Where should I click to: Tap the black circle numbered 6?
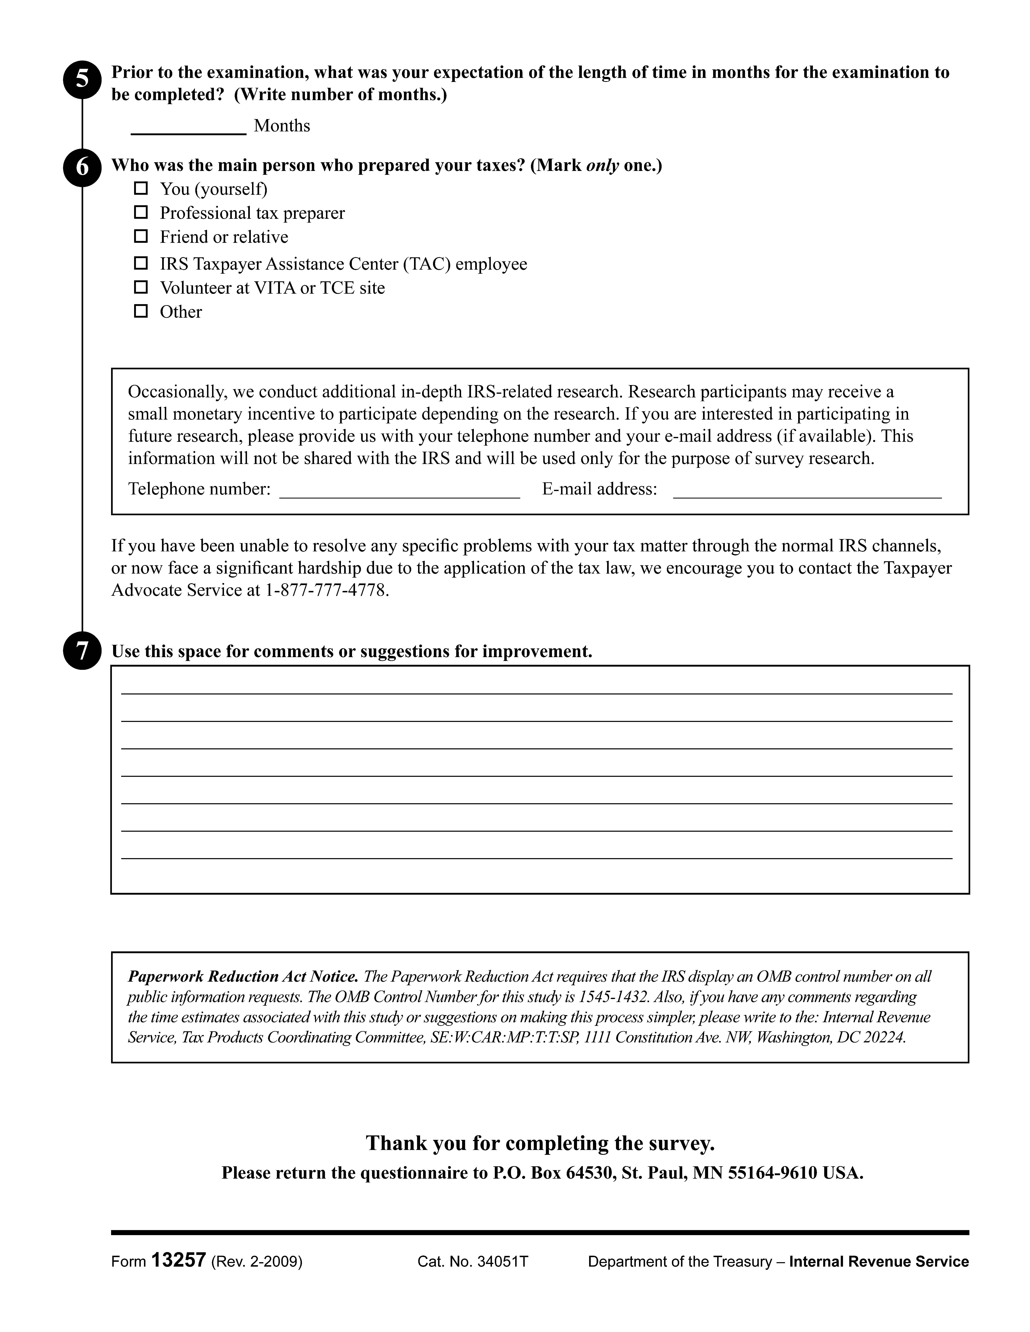[x=82, y=167]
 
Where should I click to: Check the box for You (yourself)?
[x=141, y=188]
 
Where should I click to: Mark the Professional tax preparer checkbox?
[x=141, y=212]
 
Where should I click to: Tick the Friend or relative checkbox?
[x=141, y=236]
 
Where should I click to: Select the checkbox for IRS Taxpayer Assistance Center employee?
[x=141, y=263]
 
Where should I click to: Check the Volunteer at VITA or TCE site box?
[x=141, y=287]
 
